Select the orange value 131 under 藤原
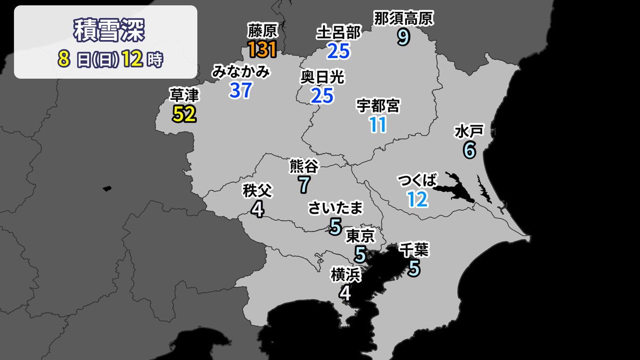click(262, 50)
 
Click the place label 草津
click(184, 95)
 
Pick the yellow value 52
click(184, 114)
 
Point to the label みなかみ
click(241, 72)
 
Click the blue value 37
click(241, 91)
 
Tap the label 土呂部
click(338, 33)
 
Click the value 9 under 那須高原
click(404, 37)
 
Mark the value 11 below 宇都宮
click(378, 124)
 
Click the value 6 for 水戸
click(469, 150)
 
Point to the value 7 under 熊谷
click(304, 185)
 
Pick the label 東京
click(361, 235)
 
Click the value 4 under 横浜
click(346, 292)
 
